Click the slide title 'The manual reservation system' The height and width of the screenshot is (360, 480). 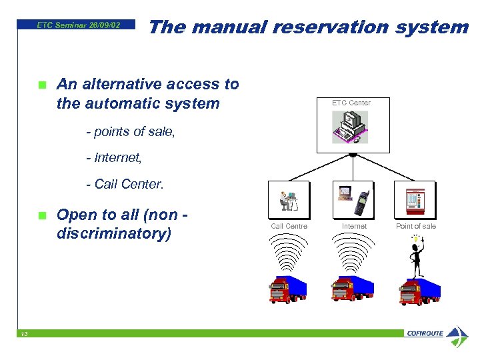[308, 27]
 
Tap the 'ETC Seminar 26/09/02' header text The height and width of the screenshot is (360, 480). [79, 25]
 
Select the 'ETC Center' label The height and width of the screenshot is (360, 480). [351, 103]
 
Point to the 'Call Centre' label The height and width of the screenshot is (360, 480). [289, 227]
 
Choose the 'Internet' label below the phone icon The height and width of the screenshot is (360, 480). [354, 227]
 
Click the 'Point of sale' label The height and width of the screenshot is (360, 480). [415, 227]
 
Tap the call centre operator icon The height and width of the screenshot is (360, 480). [289, 200]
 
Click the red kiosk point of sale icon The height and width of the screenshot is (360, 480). [415, 200]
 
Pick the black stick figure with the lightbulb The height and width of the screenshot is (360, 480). [417, 257]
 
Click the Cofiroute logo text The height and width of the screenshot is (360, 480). [425, 333]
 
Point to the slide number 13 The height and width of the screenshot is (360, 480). [23, 334]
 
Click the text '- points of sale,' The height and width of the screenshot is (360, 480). [131, 131]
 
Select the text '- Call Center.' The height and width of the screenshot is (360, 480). [125, 183]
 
